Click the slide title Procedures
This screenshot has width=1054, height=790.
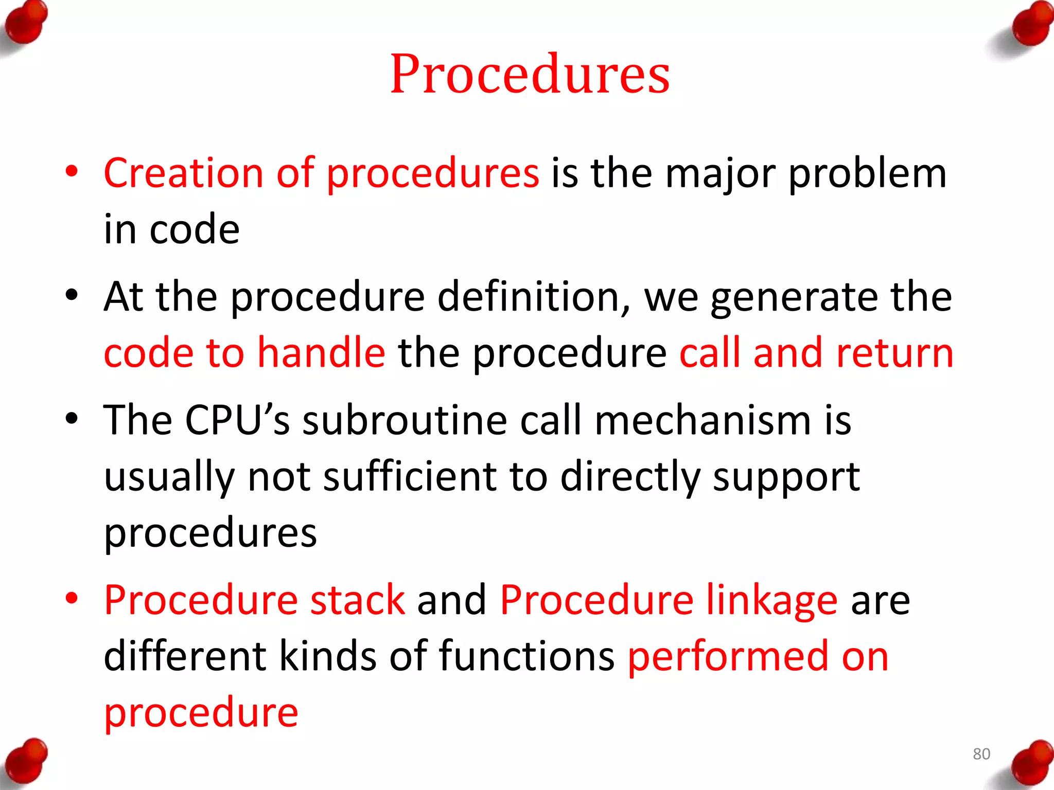pyautogui.click(x=530, y=74)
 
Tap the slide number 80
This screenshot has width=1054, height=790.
pyautogui.click(x=981, y=754)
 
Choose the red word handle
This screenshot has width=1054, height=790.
pyautogui.click(x=321, y=353)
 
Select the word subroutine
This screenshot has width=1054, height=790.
pyautogui.click(x=405, y=420)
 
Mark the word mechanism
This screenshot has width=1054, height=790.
pyautogui.click(x=703, y=420)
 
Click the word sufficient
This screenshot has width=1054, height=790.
pyautogui.click(x=410, y=477)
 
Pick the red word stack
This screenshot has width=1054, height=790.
pyautogui.click(x=358, y=600)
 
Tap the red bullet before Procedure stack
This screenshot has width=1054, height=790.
pyautogui.click(x=72, y=599)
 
